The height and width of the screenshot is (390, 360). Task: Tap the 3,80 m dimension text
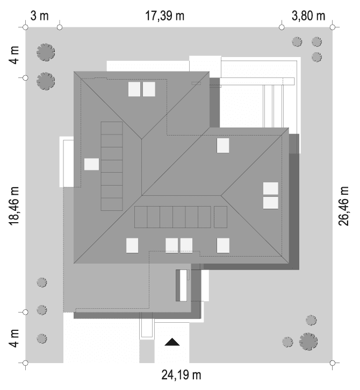[x=308, y=15]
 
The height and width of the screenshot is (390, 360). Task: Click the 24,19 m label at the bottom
[x=182, y=374]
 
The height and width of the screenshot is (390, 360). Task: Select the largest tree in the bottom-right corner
[x=308, y=341]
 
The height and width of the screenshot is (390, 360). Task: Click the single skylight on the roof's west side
[x=91, y=164]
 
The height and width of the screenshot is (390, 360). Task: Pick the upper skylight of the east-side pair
[x=271, y=189]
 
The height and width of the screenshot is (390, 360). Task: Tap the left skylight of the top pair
[x=134, y=89]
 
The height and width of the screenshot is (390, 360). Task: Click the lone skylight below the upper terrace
[x=222, y=145]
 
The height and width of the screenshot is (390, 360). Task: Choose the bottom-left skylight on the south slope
[x=132, y=245]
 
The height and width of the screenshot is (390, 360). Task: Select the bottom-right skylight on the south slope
[x=224, y=245]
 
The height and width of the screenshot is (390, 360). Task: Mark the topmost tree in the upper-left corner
[x=45, y=52]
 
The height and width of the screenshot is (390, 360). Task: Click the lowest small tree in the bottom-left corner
[x=41, y=338]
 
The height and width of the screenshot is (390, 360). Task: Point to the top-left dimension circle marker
[x=25, y=26]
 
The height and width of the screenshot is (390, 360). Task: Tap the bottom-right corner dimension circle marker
[x=334, y=364]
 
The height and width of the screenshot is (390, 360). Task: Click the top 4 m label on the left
[x=15, y=54]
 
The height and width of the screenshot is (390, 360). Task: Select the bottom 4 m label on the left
[x=15, y=338]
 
